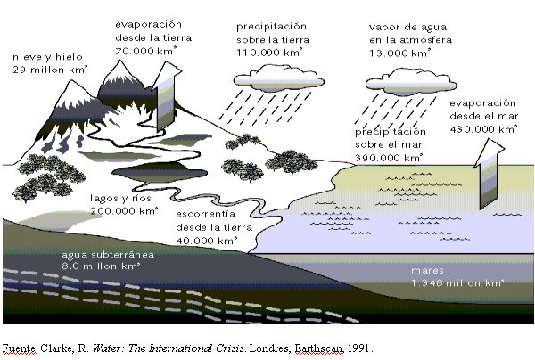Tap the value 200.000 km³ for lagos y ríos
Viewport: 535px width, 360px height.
[124, 211]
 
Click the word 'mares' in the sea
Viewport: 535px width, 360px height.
[428, 269]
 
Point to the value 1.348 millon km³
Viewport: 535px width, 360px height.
[457, 282]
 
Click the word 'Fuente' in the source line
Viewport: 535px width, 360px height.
[20, 347]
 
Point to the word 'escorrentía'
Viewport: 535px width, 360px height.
[206, 214]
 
